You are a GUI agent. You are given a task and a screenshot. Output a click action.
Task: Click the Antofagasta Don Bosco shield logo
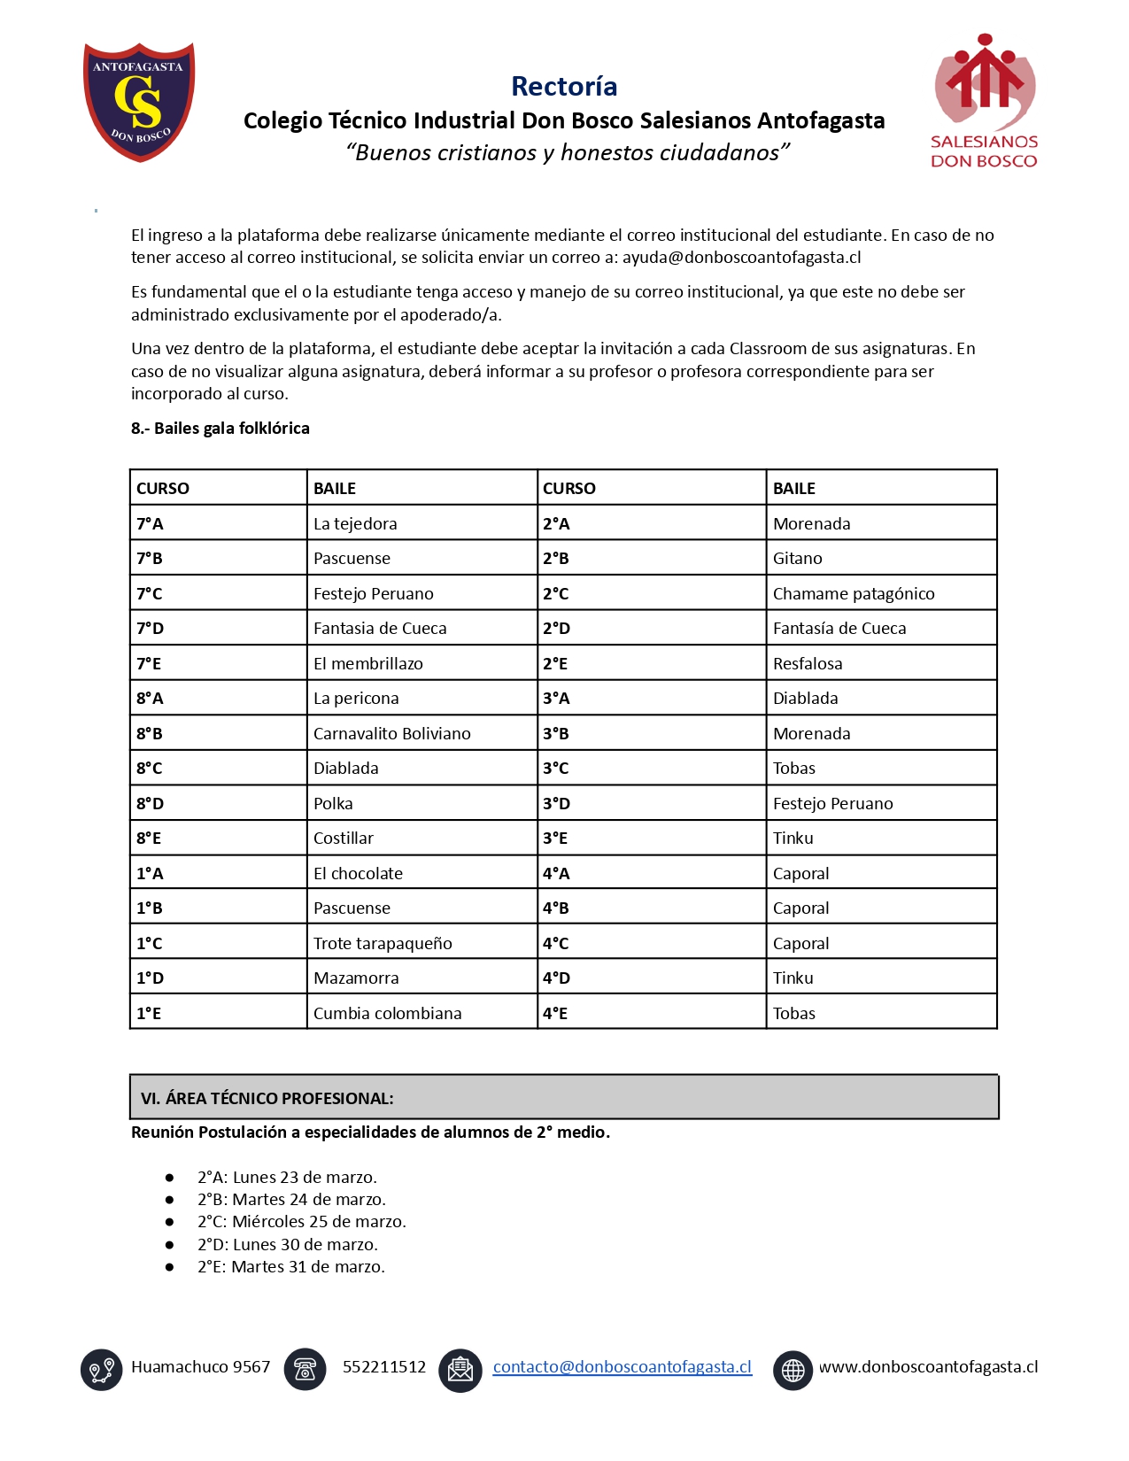pyautogui.click(x=139, y=102)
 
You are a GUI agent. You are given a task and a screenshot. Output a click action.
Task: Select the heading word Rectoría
pyautogui.click(x=564, y=86)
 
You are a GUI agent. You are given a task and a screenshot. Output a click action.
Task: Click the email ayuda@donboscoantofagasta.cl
pyautogui.click(x=741, y=258)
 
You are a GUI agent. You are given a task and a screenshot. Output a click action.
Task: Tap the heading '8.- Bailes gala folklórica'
pyautogui.click(x=220, y=429)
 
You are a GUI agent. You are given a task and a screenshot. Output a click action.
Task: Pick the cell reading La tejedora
pyautogui.click(x=355, y=523)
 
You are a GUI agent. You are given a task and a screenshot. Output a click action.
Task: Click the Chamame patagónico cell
pyautogui.click(x=853, y=593)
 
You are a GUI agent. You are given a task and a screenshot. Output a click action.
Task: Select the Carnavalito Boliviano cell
pyautogui.click(x=391, y=733)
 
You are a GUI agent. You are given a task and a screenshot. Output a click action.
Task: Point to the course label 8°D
pyautogui.click(x=151, y=803)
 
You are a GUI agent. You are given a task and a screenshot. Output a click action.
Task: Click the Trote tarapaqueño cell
pyautogui.click(x=383, y=943)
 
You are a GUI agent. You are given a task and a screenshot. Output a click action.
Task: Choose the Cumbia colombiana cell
pyautogui.click(x=387, y=1013)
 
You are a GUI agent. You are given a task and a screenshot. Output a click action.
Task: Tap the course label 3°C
pyautogui.click(x=555, y=769)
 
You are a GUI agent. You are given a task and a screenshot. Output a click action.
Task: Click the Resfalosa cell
pyautogui.click(x=808, y=663)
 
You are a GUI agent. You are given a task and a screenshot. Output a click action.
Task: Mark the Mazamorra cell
pyautogui.click(x=356, y=978)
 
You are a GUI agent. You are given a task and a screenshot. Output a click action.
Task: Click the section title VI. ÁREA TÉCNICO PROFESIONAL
pyautogui.click(x=267, y=1098)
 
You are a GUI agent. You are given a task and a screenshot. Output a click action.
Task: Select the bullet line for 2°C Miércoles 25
pyautogui.click(x=301, y=1222)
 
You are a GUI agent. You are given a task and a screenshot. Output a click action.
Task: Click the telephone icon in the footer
pyautogui.click(x=305, y=1369)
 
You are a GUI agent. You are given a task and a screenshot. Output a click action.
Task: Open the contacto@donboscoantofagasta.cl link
pyautogui.click(x=622, y=1366)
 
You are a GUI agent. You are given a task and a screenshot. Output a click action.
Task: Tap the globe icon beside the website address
pyautogui.click(x=793, y=1370)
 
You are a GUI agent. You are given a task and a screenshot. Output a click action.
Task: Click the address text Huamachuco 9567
pyautogui.click(x=200, y=1366)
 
